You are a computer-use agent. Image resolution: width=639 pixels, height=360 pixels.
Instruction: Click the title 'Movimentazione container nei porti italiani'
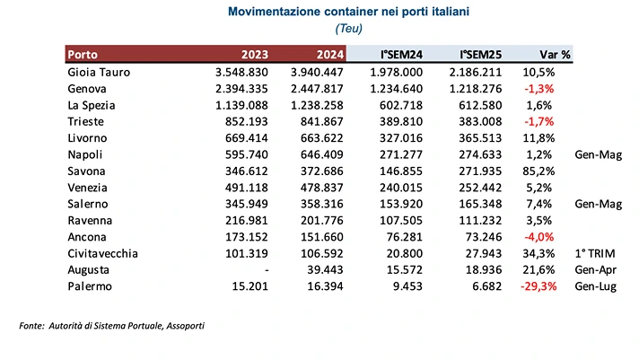point(319,12)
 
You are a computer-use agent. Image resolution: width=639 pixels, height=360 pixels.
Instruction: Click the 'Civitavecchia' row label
point(102,254)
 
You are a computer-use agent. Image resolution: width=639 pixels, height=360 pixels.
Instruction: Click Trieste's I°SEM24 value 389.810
point(401,122)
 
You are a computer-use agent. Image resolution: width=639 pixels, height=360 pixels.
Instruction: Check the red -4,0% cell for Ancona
point(556,238)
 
